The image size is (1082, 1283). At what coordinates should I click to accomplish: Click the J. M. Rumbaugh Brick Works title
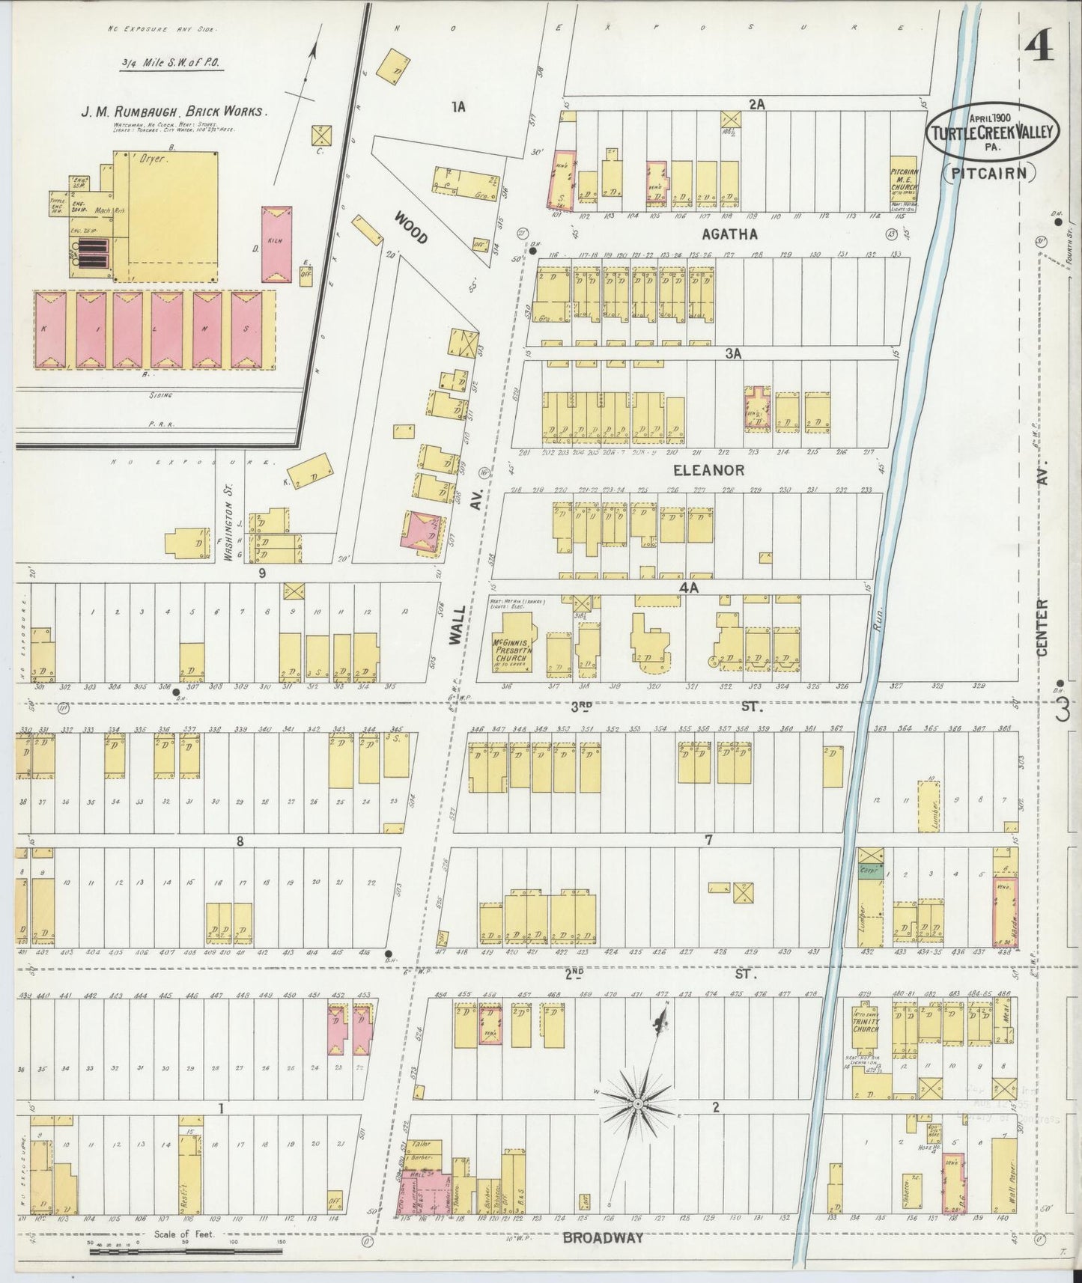tap(173, 111)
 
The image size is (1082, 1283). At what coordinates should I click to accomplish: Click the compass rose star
tap(637, 1103)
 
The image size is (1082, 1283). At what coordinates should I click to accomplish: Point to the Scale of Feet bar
tap(186, 1250)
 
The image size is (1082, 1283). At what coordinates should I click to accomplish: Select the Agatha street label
tap(729, 234)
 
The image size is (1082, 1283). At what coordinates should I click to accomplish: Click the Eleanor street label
tap(708, 470)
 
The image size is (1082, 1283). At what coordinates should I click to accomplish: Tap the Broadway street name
tap(603, 1237)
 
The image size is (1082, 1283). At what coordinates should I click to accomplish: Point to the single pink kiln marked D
tap(277, 245)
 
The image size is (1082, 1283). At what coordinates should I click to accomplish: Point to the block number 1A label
tap(458, 106)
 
